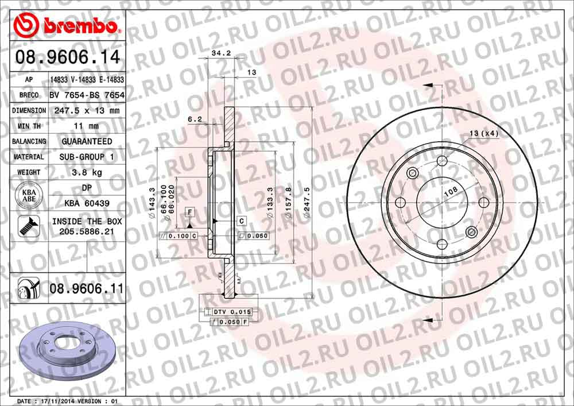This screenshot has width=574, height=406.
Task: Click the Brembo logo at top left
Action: [x=67, y=26]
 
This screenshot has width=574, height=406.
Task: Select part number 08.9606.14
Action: [x=68, y=57]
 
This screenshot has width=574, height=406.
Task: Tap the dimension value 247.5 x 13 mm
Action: [x=87, y=110]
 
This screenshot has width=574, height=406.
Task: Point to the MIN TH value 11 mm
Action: [x=87, y=126]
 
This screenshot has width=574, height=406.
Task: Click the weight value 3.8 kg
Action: [x=87, y=172]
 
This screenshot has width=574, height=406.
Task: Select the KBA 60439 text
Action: [x=87, y=203]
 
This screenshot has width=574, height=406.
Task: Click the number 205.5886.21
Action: [x=87, y=231]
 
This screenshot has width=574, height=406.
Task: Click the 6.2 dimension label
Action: [x=195, y=119]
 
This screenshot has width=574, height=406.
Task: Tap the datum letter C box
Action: [x=242, y=221]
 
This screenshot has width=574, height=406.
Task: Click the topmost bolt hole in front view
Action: [x=441, y=161]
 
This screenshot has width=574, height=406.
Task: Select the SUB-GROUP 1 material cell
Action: [x=87, y=157]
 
